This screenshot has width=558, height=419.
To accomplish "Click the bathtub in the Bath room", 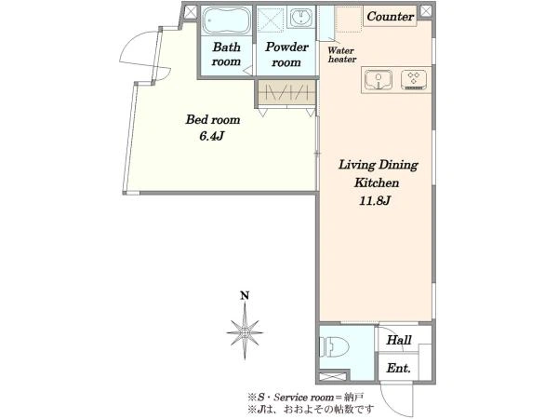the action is pos(226,20).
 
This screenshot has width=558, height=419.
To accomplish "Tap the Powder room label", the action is pos(286,55).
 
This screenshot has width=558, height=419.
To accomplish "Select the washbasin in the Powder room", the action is pos(301,18).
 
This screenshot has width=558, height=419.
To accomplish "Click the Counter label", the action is pos(391,17).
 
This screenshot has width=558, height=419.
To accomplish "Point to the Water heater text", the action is pos(342,55).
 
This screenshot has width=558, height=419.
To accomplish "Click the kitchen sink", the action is pos(379,80).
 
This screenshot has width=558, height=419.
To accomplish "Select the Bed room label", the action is pos(213,120).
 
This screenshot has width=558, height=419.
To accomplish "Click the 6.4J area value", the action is pos(211,136).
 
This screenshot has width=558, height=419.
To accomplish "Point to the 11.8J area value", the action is pos(375,201).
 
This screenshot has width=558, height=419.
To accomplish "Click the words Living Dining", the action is pos(379,165).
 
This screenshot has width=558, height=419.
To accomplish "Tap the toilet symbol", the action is pos(334,346).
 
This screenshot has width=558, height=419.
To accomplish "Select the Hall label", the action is pos(399,340).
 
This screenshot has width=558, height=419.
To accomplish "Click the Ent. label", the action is pos(399,368).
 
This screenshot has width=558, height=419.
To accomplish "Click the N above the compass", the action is pos(245,295).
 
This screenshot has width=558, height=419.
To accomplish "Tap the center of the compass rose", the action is pos(245,332).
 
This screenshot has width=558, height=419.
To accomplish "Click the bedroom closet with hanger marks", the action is pos(286,93).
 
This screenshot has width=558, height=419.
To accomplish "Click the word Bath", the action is pos(226,47).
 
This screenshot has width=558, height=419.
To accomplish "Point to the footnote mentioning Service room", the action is pos(305,397).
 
